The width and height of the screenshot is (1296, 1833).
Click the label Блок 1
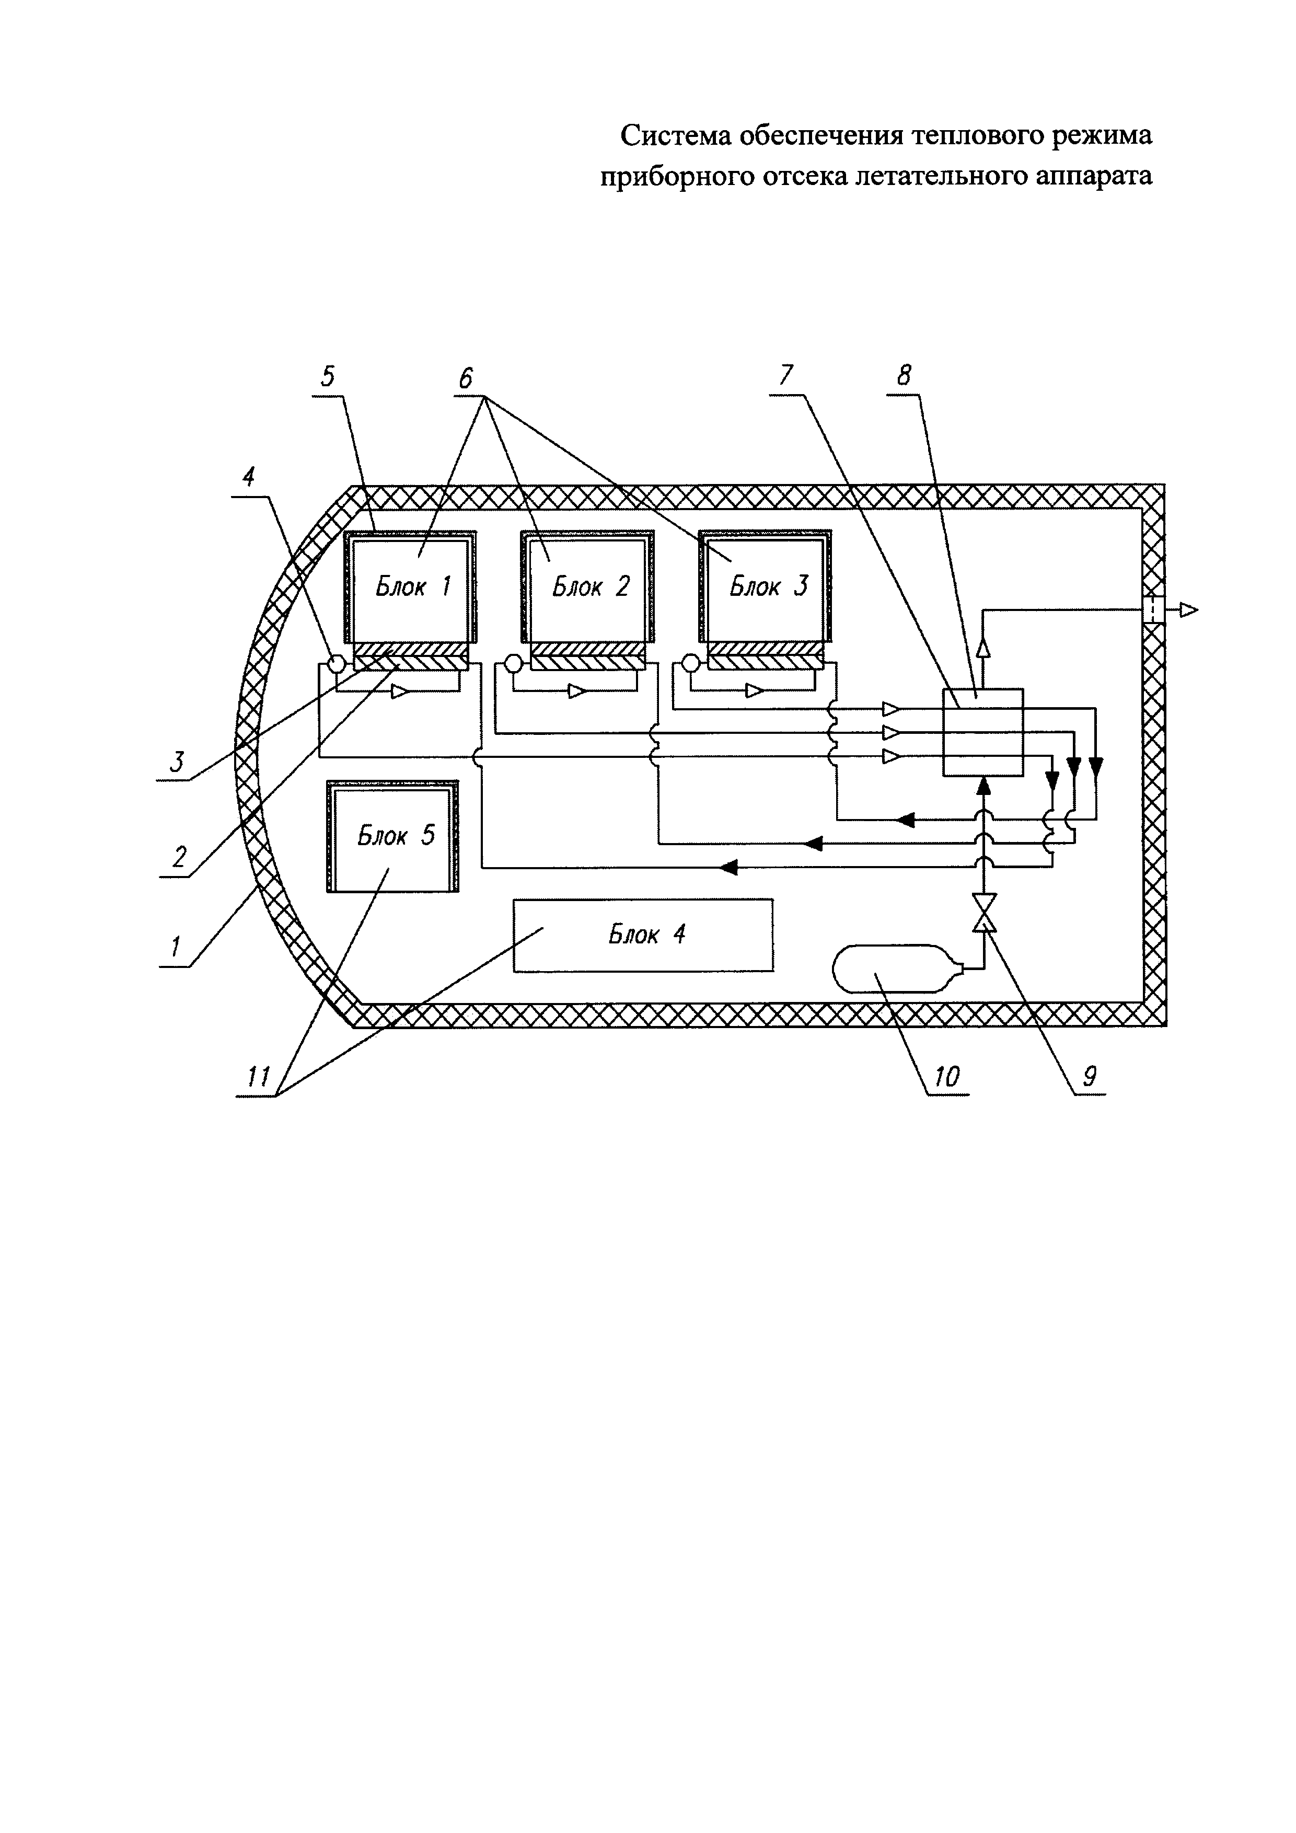pyautogui.click(x=413, y=587)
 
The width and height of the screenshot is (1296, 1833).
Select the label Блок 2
pyautogui.click(x=591, y=587)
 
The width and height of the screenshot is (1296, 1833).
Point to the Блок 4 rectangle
pyautogui.click(x=643, y=935)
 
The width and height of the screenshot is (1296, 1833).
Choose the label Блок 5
pyautogui.click(x=396, y=836)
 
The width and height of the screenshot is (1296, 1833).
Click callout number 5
pyautogui.click(x=328, y=376)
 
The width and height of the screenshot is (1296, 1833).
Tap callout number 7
pyautogui.click(x=787, y=375)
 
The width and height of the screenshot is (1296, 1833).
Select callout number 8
pyautogui.click(x=904, y=375)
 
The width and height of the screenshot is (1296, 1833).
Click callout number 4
pyautogui.click(x=248, y=477)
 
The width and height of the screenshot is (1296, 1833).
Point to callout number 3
pyautogui.click(x=177, y=762)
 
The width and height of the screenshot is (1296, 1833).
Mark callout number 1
pyautogui.click(x=174, y=947)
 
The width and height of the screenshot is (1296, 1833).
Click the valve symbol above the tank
pyautogui.click(x=983, y=913)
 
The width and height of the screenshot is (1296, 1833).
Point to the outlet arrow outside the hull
pyautogui.click(x=1189, y=610)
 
